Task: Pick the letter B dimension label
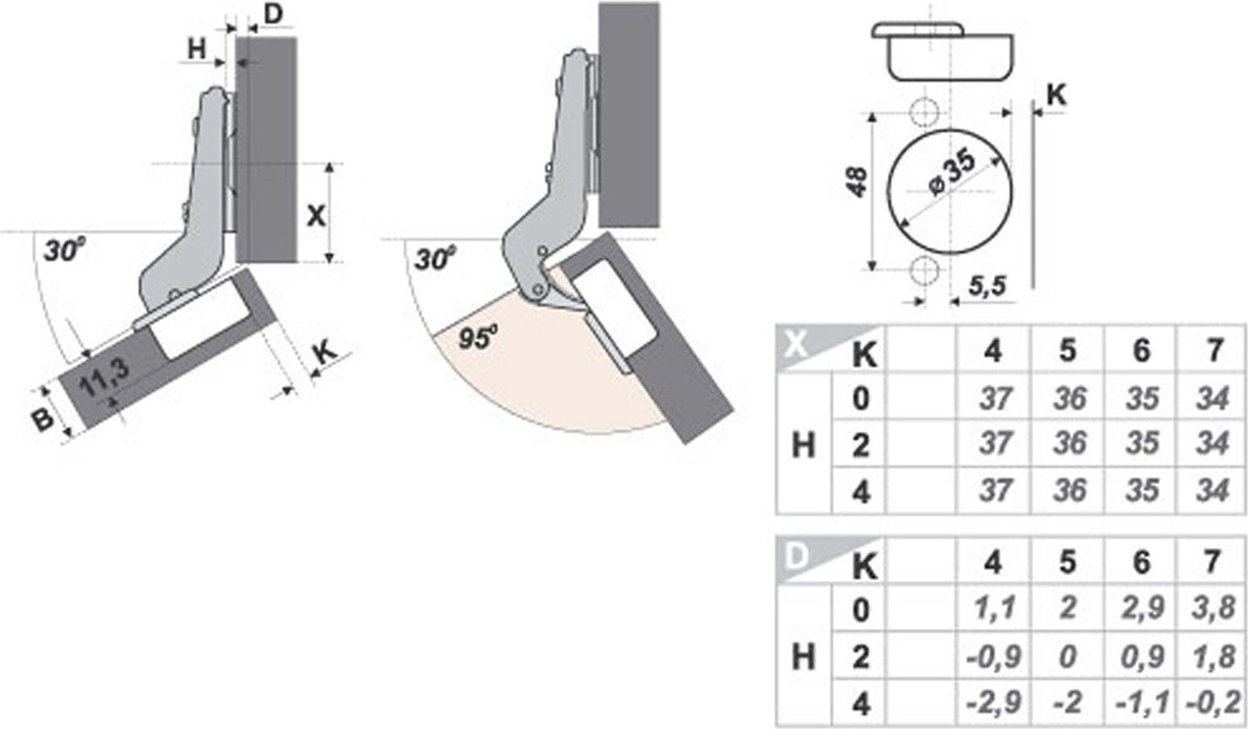coord(43,418)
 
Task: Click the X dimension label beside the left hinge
coord(316,216)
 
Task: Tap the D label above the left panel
coord(274,15)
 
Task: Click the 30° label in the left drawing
coord(64,252)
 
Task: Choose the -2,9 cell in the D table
coord(993,704)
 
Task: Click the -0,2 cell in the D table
coord(1213,704)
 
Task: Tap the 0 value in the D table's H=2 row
coord(1067,657)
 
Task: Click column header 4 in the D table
coord(993,562)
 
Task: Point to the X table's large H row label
coord(803,445)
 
